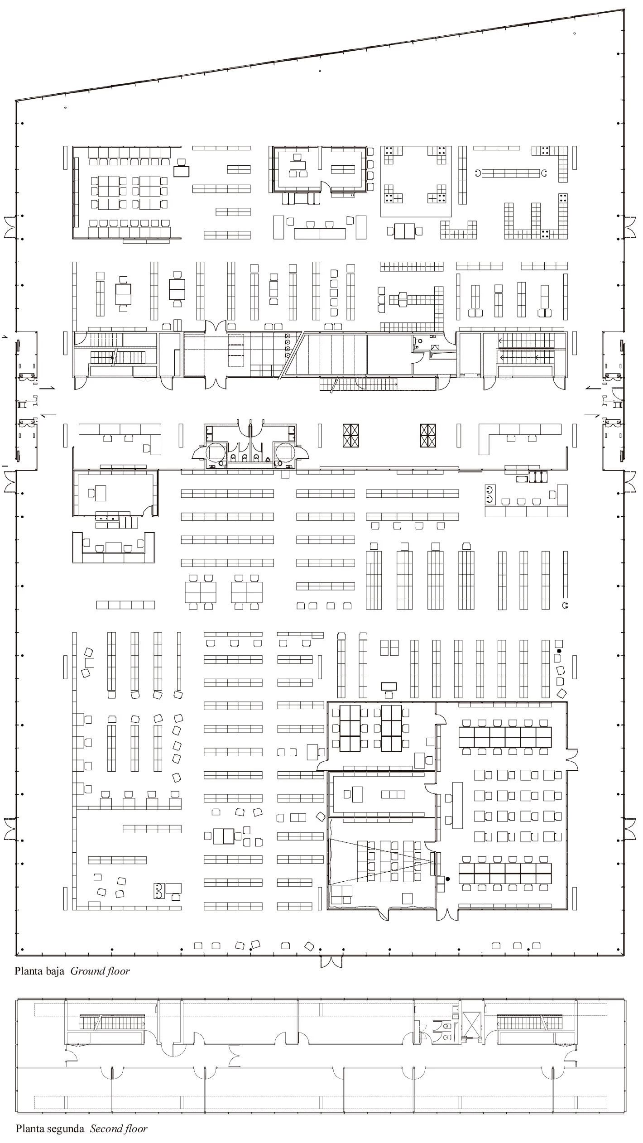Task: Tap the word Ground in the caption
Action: tap(85, 972)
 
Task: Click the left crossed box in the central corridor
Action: tap(351, 436)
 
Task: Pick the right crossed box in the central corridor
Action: tap(428, 436)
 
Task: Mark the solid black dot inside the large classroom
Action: tap(448, 879)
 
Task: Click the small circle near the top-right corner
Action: tap(575, 33)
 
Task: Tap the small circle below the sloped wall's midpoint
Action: tap(320, 71)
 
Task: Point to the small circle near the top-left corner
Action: tap(66, 108)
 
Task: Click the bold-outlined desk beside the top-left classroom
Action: tap(182, 171)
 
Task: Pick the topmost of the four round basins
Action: tap(288, 336)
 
